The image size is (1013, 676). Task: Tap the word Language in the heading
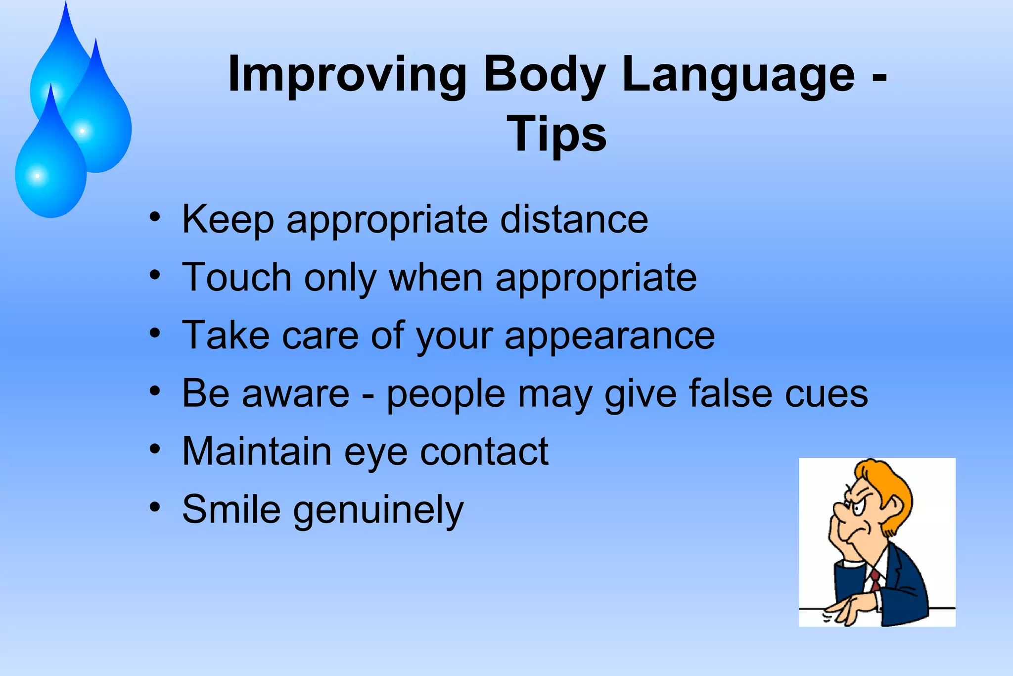tap(738, 75)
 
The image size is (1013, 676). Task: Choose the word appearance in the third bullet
tap(609, 336)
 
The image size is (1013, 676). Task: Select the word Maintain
tap(257, 451)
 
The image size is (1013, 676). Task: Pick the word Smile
tap(231, 509)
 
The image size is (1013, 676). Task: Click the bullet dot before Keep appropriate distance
tap(155, 217)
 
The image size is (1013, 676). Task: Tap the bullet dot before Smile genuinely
tap(155, 507)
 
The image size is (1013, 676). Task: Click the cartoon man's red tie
tap(875, 579)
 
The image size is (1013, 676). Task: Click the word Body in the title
tap(544, 75)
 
